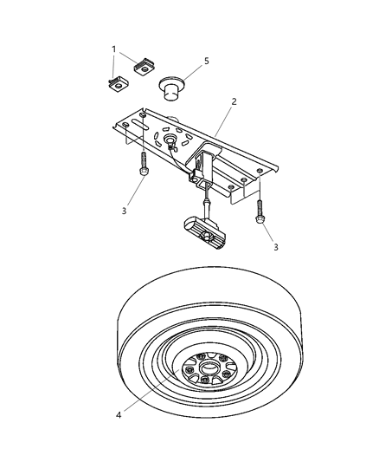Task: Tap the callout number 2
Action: (234, 101)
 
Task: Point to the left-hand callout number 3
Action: (125, 211)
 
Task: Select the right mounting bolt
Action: (259, 208)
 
